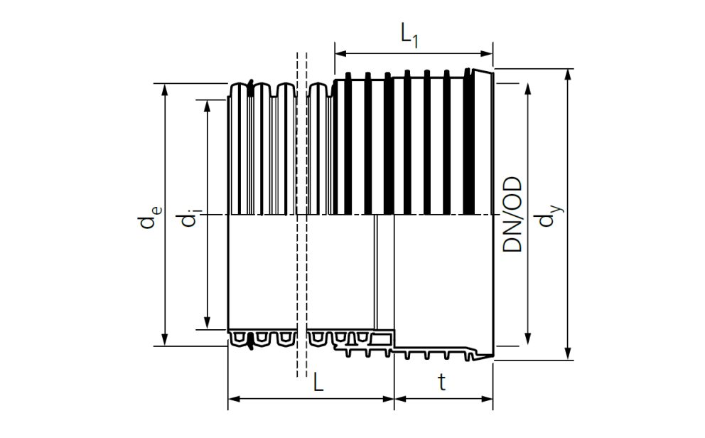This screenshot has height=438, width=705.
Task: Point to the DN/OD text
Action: coord(512,215)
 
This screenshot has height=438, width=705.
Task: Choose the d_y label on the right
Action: coord(550,215)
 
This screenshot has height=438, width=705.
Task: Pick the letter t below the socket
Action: coord(442,383)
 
